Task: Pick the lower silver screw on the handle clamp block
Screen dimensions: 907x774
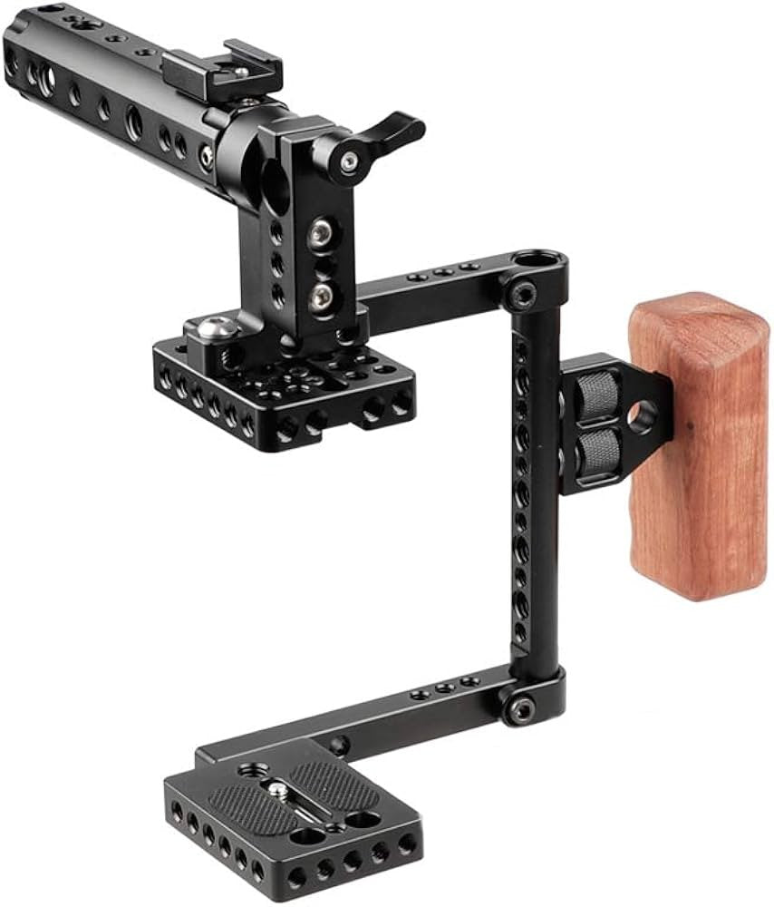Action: (x=320, y=295)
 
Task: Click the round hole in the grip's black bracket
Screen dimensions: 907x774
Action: (x=643, y=414)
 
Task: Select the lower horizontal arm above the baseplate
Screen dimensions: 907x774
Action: (x=408, y=717)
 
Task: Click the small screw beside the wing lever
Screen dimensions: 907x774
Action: (x=350, y=162)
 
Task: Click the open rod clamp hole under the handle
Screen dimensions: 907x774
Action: (x=272, y=181)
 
